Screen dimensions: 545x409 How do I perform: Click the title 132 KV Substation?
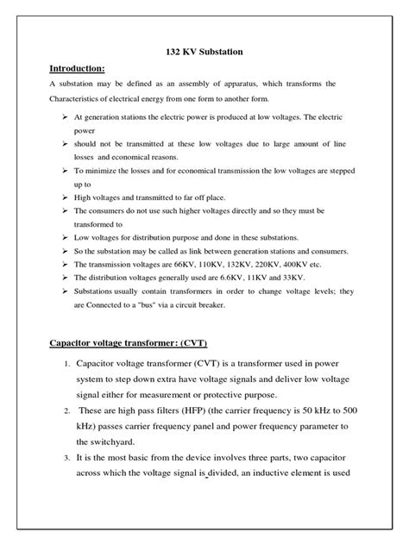204,52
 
